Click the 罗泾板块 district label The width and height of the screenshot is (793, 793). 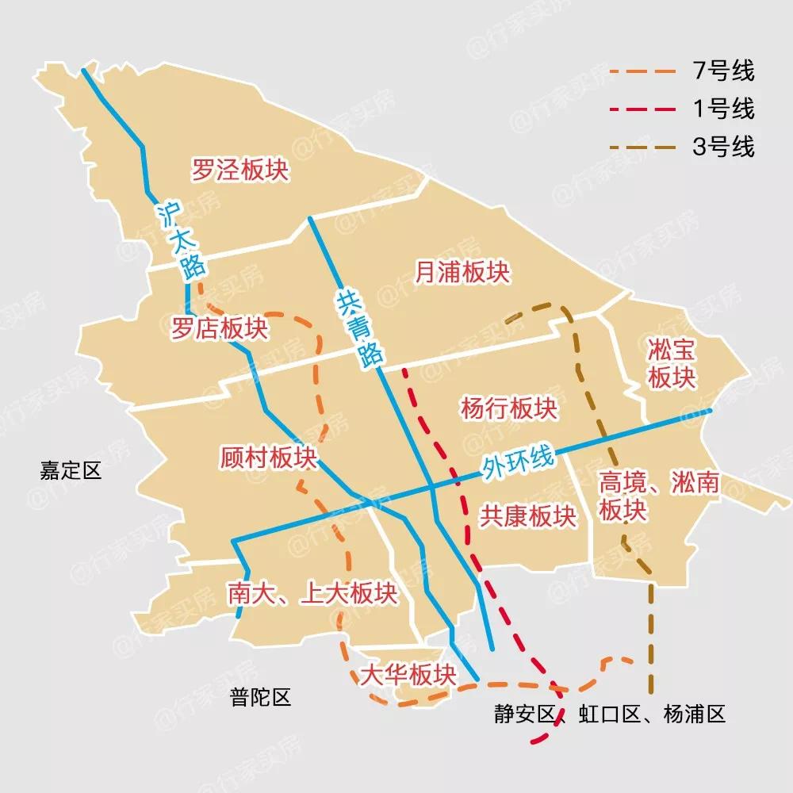click(240, 169)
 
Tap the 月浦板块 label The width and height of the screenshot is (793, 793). click(462, 273)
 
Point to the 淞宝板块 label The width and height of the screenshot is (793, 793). click(672, 363)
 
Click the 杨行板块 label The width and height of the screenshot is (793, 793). click(508, 408)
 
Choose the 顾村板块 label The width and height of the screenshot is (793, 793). click(268, 458)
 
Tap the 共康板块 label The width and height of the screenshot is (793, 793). click(527, 516)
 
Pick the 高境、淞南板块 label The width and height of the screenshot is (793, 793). click(657, 496)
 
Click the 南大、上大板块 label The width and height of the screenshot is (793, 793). click(312, 593)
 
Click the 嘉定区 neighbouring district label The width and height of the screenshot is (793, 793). click(71, 471)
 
